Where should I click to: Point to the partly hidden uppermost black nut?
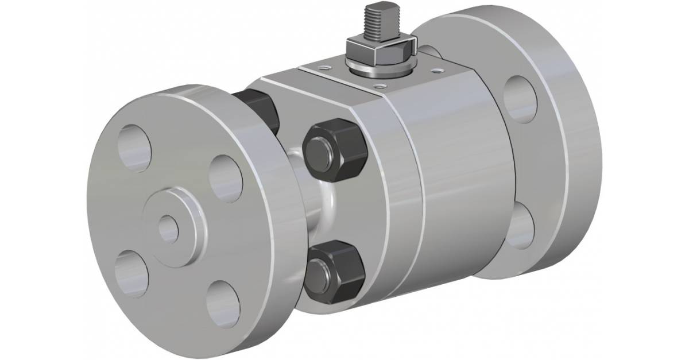pos(258,109)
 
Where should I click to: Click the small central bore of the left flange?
pos(168,228)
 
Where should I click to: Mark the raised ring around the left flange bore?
pos(183,215)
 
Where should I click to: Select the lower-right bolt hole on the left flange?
pos(222,299)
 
